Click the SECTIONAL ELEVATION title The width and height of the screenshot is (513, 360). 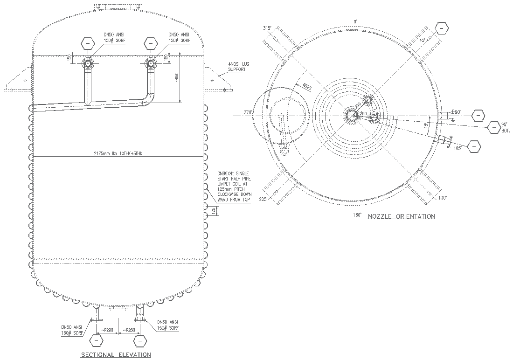tap(116, 355)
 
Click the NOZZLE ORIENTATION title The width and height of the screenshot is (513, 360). tap(401, 216)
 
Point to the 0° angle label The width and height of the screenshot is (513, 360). tap(355, 21)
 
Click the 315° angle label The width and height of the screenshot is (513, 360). tap(267, 28)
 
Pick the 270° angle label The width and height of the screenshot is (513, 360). tap(247, 113)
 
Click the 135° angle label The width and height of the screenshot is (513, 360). tap(442, 198)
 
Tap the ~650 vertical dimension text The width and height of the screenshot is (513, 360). tap(176, 77)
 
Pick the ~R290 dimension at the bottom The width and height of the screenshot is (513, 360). tap(108, 330)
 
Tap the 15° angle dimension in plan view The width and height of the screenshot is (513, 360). tap(425, 125)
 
